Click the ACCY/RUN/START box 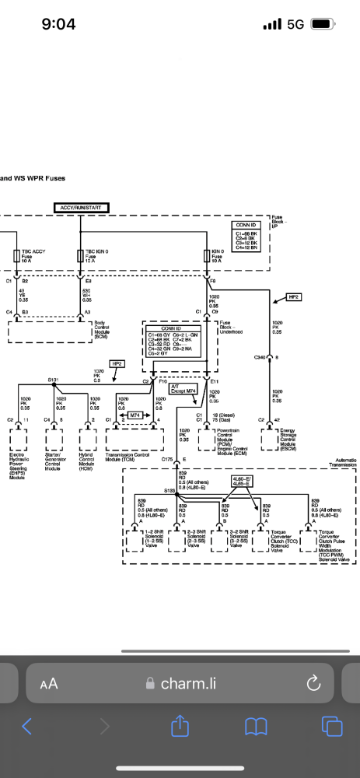[82, 207]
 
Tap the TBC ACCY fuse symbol [17, 256]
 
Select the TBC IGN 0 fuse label [97, 254]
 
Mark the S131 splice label [53, 380]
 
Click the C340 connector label [260, 357]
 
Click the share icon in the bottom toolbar [180, 726]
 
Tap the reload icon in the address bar [314, 683]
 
